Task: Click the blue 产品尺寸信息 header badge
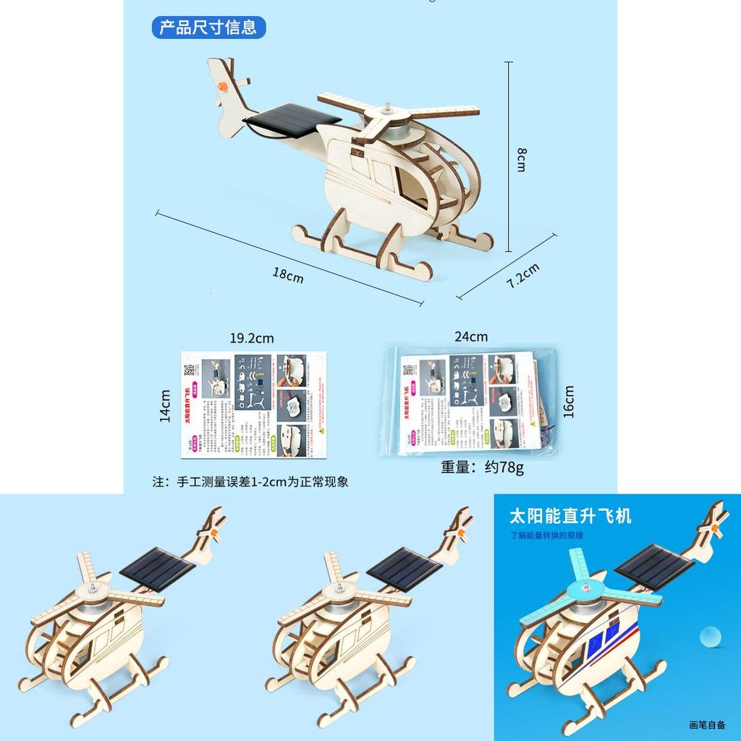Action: point(208,28)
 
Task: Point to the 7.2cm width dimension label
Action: point(522,275)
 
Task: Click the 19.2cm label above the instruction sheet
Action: point(252,338)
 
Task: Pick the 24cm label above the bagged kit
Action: point(471,336)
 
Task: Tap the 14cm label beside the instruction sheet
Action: point(165,406)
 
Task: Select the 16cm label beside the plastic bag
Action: point(569,401)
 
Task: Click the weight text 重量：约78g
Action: point(483,467)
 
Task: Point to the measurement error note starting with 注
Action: point(250,482)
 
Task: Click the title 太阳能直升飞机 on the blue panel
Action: point(570,516)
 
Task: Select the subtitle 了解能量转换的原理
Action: point(546,536)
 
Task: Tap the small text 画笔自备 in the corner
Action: point(707,723)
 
